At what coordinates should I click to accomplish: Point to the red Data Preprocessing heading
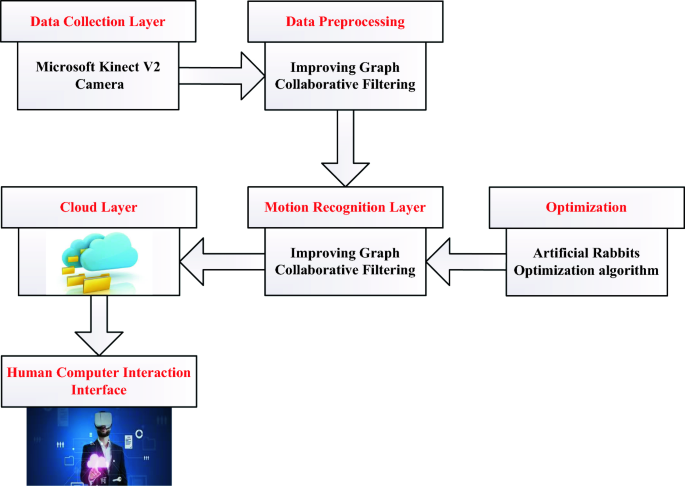click(x=345, y=21)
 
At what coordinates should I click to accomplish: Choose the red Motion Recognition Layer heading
click(x=344, y=208)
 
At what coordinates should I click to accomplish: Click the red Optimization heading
click(x=586, y=208)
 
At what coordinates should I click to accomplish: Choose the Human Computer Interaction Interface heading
click(x=98, y=381)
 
